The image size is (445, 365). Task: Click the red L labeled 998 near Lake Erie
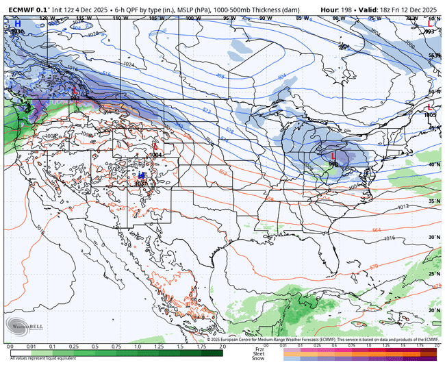pos(333,156)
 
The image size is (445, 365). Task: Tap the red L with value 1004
pos(155,147)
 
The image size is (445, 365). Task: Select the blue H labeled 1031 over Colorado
pos(140,176)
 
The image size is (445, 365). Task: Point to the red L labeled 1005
pos(429,108)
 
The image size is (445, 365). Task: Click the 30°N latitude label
pos(433,237)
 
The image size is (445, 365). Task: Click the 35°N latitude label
pos(433,201)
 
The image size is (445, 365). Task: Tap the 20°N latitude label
pos(433,310)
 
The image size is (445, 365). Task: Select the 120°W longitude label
pos(46,18)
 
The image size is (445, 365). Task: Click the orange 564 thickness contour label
pos(377,230)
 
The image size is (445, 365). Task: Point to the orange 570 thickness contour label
pos(373,266)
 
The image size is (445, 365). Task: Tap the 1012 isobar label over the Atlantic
pos(403,205)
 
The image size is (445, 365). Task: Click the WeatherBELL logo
pos(25,326)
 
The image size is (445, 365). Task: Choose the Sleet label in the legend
pos(258,353)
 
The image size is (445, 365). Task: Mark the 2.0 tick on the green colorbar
pos(221,347)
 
